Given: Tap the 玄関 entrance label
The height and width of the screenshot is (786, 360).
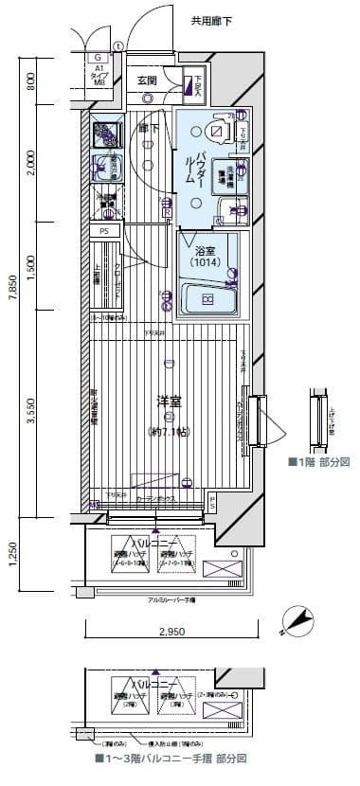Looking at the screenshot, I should [146, 80].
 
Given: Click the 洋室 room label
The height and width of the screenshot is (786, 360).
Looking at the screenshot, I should [170, 401].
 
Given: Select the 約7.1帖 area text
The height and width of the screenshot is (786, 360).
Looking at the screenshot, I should [170, 432].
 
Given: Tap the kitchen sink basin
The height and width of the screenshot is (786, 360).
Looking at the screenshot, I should [105, 165].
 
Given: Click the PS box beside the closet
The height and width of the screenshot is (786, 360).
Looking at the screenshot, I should [104, 230].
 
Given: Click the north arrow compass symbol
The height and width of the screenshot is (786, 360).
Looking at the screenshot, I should [299, 618].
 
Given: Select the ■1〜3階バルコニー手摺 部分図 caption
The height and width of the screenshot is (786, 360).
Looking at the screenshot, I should [170, 759].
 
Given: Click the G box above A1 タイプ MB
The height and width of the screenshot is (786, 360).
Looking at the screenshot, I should [98, 57].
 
